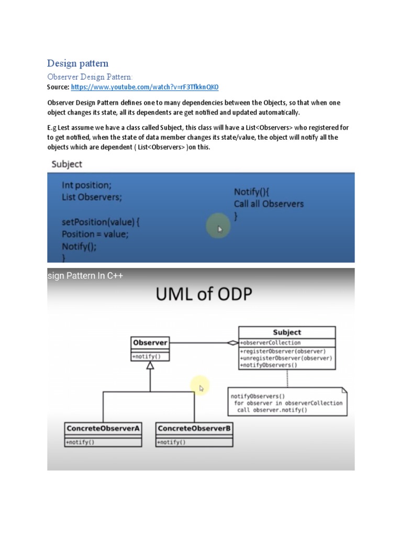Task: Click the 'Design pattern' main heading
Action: click(x=78, y=63)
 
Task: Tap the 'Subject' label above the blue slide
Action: click(x=66, y=164)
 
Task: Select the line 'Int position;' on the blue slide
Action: click(x=86, y=185)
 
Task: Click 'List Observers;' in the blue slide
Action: click(x=95, y=197)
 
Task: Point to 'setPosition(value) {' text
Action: click(x=100, y=221)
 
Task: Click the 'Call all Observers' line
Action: click(x=269, y=204)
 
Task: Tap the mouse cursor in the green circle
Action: click(x=220, y=229)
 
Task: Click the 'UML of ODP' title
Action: click(x=204, y=294)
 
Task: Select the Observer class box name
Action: click(x=150, y=343)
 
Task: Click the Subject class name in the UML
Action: click(x=287, y=332)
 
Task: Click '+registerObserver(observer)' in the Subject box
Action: click(x=283, y=351)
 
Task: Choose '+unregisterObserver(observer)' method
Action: click(x=286, y=358)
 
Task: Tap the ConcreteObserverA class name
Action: click(x=103, y=428)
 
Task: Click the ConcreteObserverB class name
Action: click(x=194, y=428)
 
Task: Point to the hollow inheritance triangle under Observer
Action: click(x=150, y=366)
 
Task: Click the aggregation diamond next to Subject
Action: click(x=232, y=343)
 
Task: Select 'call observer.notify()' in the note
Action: click(x=272, y=410)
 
